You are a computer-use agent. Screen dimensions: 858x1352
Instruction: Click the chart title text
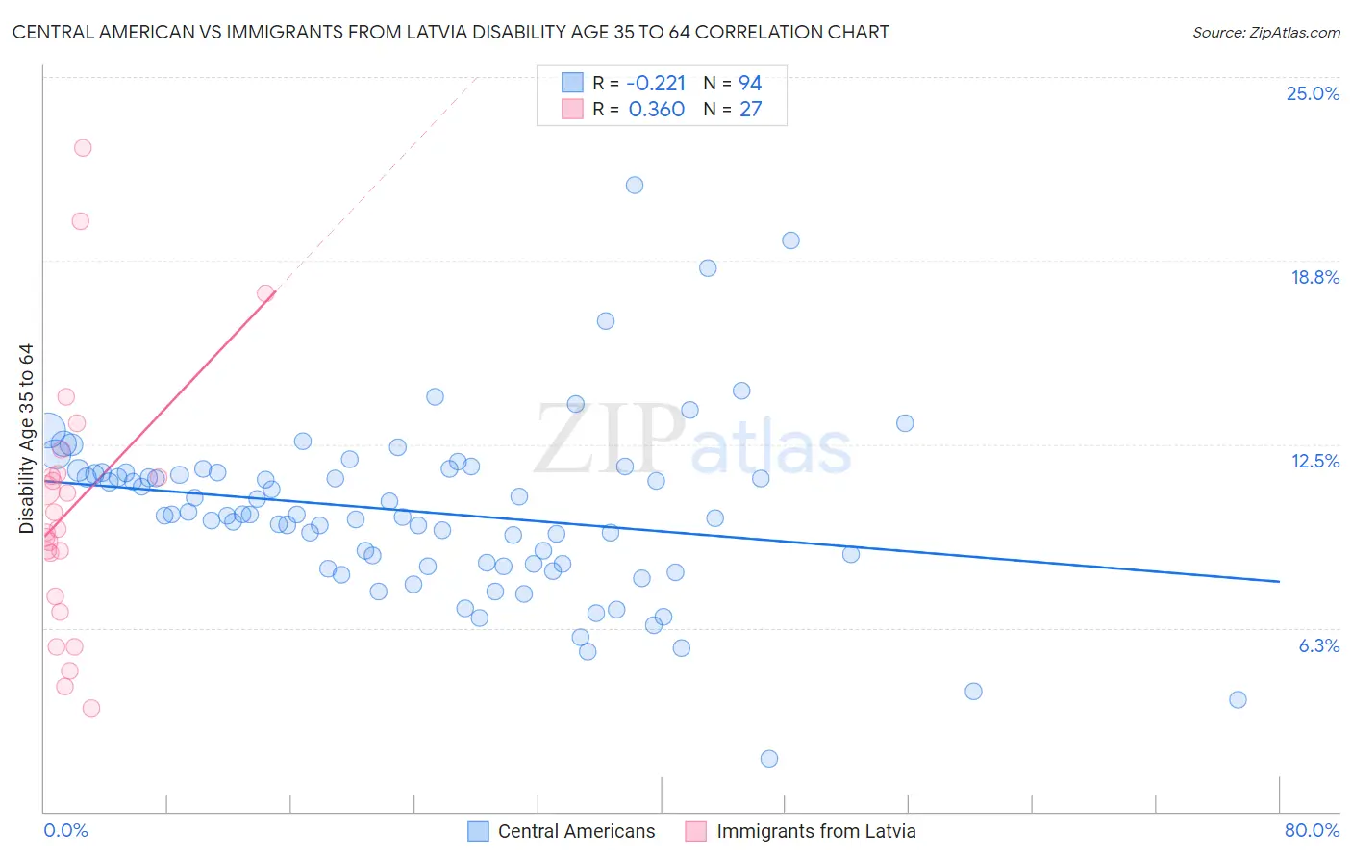point(450,32)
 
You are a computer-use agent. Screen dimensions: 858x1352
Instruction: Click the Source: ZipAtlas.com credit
point(1265,32)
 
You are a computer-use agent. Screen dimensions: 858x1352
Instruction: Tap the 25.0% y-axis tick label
point(1313,93)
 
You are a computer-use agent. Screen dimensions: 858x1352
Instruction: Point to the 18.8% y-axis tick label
point(1314,277)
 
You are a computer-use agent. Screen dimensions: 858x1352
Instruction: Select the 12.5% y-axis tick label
point(1314,461)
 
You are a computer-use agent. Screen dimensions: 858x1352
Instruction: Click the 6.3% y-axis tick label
point(1318,645)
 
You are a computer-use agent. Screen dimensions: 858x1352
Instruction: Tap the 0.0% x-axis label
point(65,830)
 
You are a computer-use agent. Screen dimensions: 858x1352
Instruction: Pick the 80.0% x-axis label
point(1312,830)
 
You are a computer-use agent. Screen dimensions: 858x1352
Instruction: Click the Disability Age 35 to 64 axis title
point(26,439)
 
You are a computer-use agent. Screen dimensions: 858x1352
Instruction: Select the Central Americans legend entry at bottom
point(562,831)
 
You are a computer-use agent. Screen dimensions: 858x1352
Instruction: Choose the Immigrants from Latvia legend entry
point(801,831)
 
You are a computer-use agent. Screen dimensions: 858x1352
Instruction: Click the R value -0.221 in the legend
point(656,83)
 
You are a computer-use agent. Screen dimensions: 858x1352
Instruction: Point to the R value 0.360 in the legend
point(656,109)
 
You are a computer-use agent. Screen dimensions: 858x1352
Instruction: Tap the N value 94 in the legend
point(750,83)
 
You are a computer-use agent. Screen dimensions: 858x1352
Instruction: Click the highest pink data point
point(83,148)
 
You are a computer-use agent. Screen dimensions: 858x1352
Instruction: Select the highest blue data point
point(635,186)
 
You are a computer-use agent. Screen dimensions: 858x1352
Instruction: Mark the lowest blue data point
point(769,759)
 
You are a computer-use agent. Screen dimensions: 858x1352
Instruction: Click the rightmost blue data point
point(1238,699)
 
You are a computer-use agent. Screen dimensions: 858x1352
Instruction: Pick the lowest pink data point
point(91,708)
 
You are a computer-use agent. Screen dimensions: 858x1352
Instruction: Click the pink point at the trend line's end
point(265,293)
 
